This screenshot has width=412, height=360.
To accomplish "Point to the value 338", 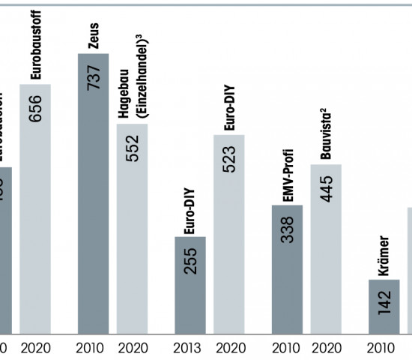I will pyautogui.click(x=288, y=231).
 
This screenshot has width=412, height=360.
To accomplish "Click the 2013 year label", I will pyautogui.click(x=190, y=347).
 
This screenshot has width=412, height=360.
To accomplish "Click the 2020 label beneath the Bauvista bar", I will pyautogui.click(x=327, y=347).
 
